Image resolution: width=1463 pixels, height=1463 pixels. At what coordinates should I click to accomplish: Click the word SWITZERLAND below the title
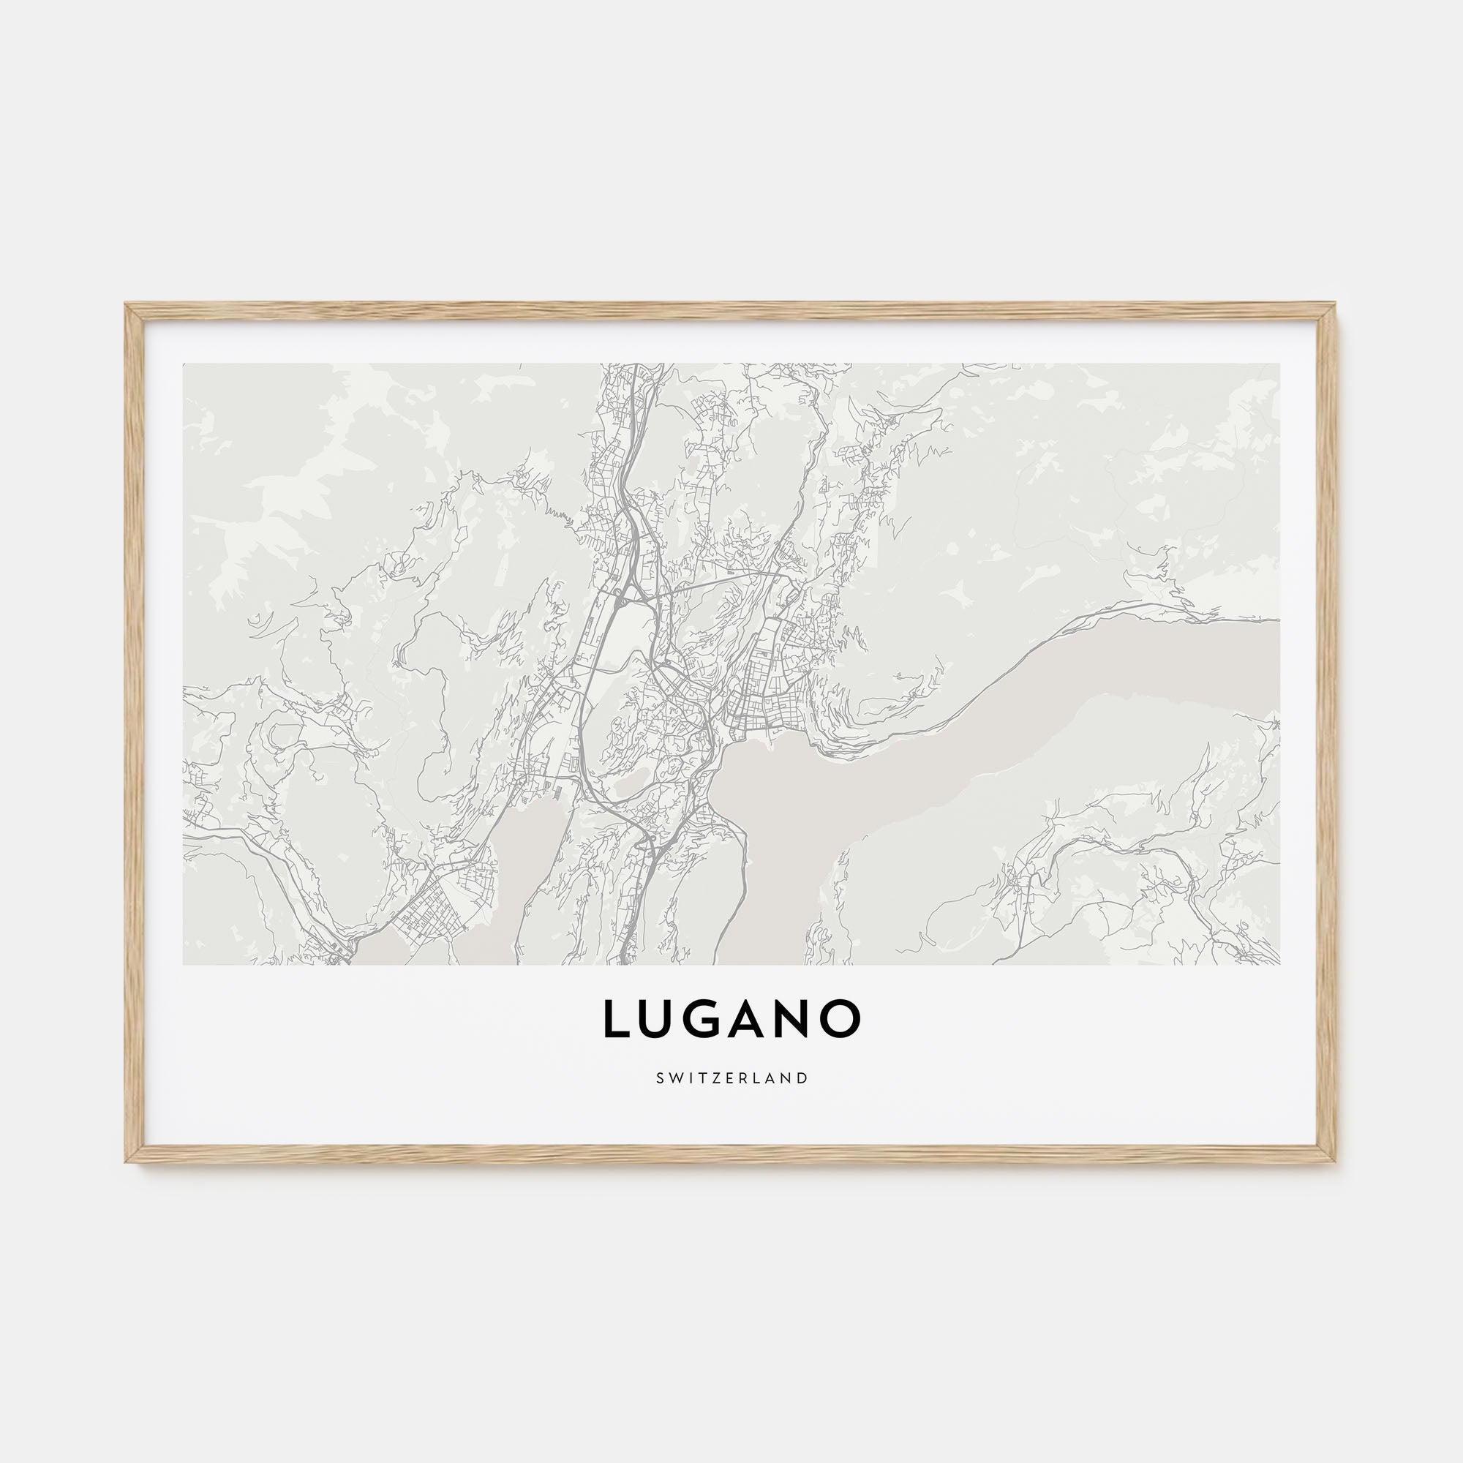click(731, 1077)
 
